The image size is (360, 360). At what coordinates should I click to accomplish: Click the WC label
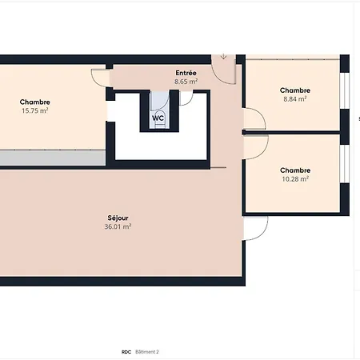(158, 118)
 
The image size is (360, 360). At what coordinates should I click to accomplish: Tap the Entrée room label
(186, 73)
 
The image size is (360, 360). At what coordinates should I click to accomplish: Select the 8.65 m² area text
(186, 82)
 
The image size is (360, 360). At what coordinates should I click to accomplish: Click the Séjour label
(118, 218)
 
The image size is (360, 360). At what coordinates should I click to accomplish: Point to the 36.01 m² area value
(118, 226)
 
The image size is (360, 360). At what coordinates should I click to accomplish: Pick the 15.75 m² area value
(34, 110)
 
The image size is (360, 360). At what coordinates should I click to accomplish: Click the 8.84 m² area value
(294, 99)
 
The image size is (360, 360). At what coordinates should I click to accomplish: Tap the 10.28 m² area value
(295, 179)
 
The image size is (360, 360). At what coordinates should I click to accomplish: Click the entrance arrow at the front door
(223, 57)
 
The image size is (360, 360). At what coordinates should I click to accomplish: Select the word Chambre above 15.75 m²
(34, 102)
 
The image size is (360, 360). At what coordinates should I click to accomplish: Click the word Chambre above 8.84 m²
(295, 90)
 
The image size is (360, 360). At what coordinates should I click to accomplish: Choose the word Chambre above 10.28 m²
(295, 170)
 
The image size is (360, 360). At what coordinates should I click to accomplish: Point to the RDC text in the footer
(126, 352)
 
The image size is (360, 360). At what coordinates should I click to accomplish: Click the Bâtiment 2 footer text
(147, 352)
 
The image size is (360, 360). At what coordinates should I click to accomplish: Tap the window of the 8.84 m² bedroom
(345, 90)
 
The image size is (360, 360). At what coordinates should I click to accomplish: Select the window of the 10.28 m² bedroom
(345, 164)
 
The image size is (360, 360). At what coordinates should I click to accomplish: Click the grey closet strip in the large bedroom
(53, 158)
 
